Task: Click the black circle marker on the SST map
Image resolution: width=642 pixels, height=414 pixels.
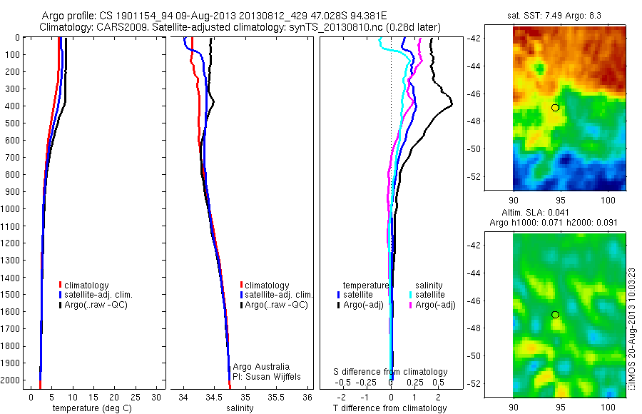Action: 555,107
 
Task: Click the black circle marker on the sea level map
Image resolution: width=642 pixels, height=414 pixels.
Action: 555,314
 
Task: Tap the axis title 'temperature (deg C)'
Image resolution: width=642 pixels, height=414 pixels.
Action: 89,408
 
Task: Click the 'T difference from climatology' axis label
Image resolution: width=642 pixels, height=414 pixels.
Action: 389,408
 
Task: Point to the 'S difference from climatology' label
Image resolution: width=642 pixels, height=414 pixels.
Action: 391,372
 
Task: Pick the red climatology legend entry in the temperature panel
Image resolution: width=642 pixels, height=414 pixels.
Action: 93,285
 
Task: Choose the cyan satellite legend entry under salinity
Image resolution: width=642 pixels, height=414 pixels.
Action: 428,294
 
